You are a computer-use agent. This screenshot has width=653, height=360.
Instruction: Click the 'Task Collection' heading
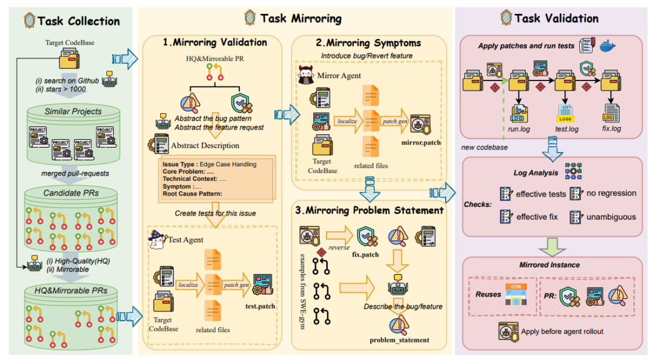click(79, 21)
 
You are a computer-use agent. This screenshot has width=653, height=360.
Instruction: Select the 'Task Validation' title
click(556, 18)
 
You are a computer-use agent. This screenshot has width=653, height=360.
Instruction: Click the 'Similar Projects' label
click(73, 111)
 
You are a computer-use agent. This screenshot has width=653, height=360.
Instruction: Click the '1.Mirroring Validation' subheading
click(215, 42)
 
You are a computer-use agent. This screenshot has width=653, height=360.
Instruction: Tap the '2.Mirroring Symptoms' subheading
click(370, 43)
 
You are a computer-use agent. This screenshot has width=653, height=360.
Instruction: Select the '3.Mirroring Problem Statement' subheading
click(370, 211)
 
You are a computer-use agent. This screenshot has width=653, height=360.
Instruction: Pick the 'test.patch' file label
click(260, 306)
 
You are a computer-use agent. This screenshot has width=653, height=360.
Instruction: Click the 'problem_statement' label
click(400, 340)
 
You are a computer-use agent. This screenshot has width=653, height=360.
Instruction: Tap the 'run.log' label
click(518, 129)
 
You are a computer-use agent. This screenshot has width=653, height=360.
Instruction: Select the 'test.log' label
click(567, 129)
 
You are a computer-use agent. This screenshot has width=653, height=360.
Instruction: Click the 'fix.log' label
click(612, 129)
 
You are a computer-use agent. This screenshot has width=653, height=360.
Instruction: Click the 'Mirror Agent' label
click(339, 76)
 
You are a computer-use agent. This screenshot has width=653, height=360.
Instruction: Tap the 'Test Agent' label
click(186, 240)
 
